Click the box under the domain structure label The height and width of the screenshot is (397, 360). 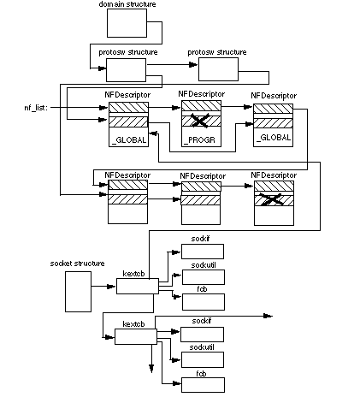tap(127, 24)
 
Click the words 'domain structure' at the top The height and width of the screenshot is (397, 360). tap(127, 5)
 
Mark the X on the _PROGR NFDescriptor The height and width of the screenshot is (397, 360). tap(202, 121)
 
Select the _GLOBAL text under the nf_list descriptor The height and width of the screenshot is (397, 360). tap(128, 140)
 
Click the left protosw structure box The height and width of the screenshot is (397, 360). tap(127, 68)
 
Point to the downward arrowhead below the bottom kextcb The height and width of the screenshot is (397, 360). tap(151, 367)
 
